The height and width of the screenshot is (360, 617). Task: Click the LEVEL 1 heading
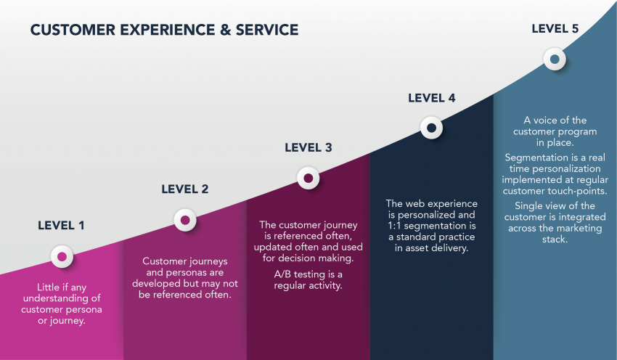[61, 225]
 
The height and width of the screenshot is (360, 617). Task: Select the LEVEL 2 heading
[184, 189]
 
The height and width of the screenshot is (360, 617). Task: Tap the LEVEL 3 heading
[308, 147]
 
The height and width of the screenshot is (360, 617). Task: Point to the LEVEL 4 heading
[431, 98]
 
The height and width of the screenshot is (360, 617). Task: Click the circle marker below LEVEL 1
[62, 256]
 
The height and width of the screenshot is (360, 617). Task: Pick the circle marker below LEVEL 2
[185, 219]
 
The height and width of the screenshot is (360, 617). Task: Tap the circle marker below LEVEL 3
[308, 178]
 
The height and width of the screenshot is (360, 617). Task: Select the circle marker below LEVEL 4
[431, 128]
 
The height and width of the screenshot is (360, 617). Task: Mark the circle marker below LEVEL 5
[555, 60]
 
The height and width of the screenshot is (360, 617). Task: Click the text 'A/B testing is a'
[308, 273]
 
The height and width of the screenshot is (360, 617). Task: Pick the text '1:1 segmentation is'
[431, 226]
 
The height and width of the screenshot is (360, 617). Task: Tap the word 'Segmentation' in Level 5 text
[534, 157]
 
